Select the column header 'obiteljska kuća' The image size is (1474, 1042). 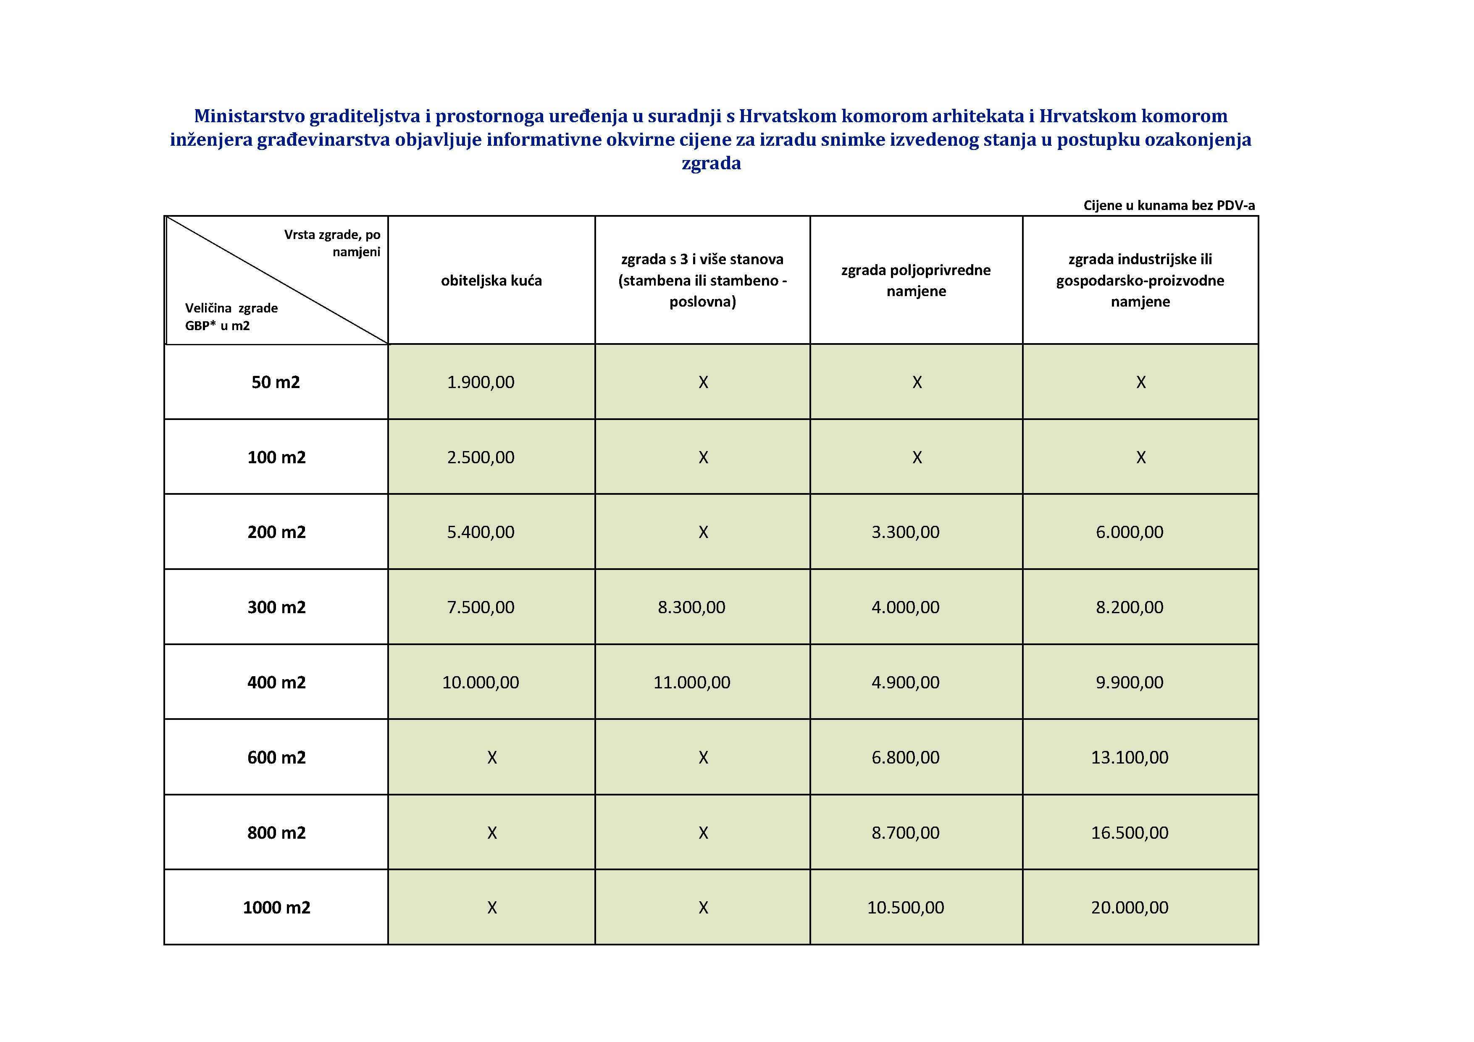pos(491,281)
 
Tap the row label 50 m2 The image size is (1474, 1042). pos(276,382)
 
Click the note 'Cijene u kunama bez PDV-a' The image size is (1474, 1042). pos(1169,205)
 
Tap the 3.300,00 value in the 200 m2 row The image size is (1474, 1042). pos(905,532)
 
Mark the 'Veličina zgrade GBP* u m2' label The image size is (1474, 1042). pos(231,317)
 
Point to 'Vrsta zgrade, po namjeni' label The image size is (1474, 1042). pos(333,243)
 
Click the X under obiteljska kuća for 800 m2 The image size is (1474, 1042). pos(492,833)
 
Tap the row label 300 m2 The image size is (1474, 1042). pos(276,607)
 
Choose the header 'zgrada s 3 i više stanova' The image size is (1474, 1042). pos(702,260)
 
